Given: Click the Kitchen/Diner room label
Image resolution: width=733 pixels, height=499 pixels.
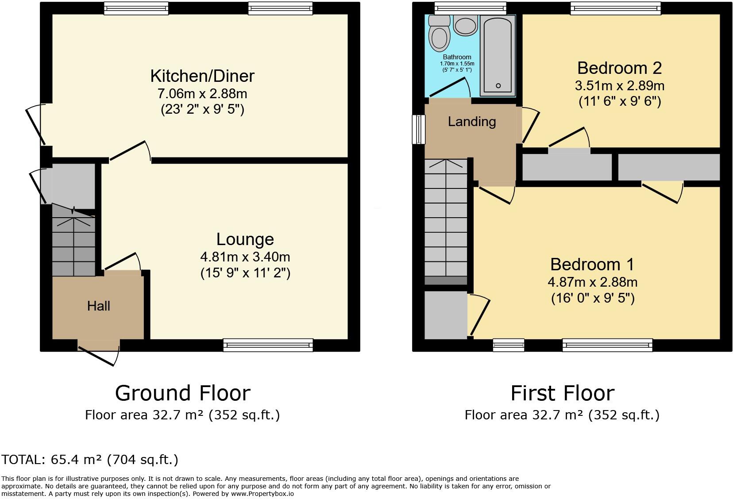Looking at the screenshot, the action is [202, 76].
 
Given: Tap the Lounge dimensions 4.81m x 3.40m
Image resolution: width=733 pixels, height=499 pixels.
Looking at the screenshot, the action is [245, 257].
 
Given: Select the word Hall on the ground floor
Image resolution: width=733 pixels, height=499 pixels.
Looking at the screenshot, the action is [99, 306].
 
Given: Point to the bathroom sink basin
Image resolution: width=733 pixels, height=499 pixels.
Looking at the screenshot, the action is [465, 26].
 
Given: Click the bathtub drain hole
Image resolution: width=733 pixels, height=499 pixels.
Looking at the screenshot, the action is [498, 86].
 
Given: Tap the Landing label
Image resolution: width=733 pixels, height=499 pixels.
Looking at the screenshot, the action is [472, 122].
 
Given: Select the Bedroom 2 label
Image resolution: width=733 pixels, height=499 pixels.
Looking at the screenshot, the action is [619, 68].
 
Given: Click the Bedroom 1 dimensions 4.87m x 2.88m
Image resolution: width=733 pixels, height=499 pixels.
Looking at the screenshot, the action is [593, 282].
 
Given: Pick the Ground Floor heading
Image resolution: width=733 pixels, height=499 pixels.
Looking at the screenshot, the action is [183, 393].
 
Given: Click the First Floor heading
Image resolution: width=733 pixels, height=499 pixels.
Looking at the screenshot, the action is [563, 393].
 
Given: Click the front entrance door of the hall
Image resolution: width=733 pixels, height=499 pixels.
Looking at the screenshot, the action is [99, 353].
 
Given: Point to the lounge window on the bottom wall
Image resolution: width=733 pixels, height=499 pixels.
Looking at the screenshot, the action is [268, 345].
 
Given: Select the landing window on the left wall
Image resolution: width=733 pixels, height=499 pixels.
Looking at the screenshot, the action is [418, 130].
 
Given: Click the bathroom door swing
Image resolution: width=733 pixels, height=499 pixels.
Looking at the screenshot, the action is [450, 87].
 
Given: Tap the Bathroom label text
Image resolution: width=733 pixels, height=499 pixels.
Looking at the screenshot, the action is [457, 57].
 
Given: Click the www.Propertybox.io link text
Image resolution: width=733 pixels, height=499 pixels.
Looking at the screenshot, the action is [262, 494].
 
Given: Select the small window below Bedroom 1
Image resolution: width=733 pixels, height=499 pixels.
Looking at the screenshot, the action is [509, 345].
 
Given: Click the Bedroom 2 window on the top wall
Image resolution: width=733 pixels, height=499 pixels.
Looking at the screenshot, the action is [616, 8].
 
